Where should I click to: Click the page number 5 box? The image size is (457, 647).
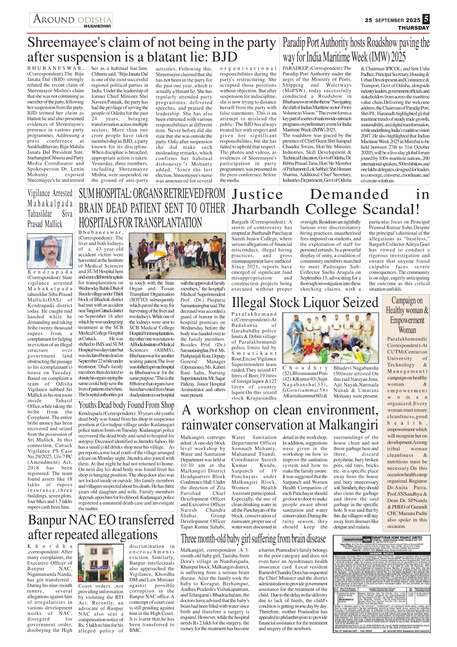point(426,19)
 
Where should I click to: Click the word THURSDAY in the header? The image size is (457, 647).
point(414,28)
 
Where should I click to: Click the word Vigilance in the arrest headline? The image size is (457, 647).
point(39,193)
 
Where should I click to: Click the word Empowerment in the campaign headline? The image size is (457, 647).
point(407,320)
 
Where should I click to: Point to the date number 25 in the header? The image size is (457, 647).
point(369,20)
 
